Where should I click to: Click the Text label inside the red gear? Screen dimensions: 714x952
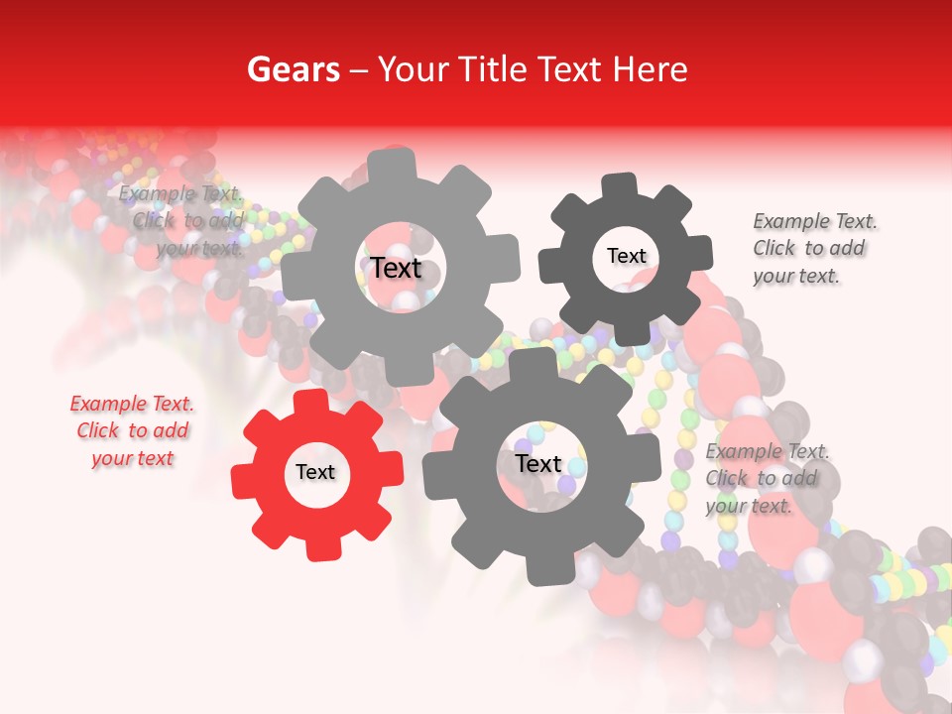[315, 473]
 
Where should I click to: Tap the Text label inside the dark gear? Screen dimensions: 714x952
[626, 256]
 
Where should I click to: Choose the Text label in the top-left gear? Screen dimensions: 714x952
[396, 268]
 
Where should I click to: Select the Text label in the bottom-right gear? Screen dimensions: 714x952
[538, 463]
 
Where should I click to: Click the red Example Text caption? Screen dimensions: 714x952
[132, 430]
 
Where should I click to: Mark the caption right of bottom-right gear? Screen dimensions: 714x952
[768, 478]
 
